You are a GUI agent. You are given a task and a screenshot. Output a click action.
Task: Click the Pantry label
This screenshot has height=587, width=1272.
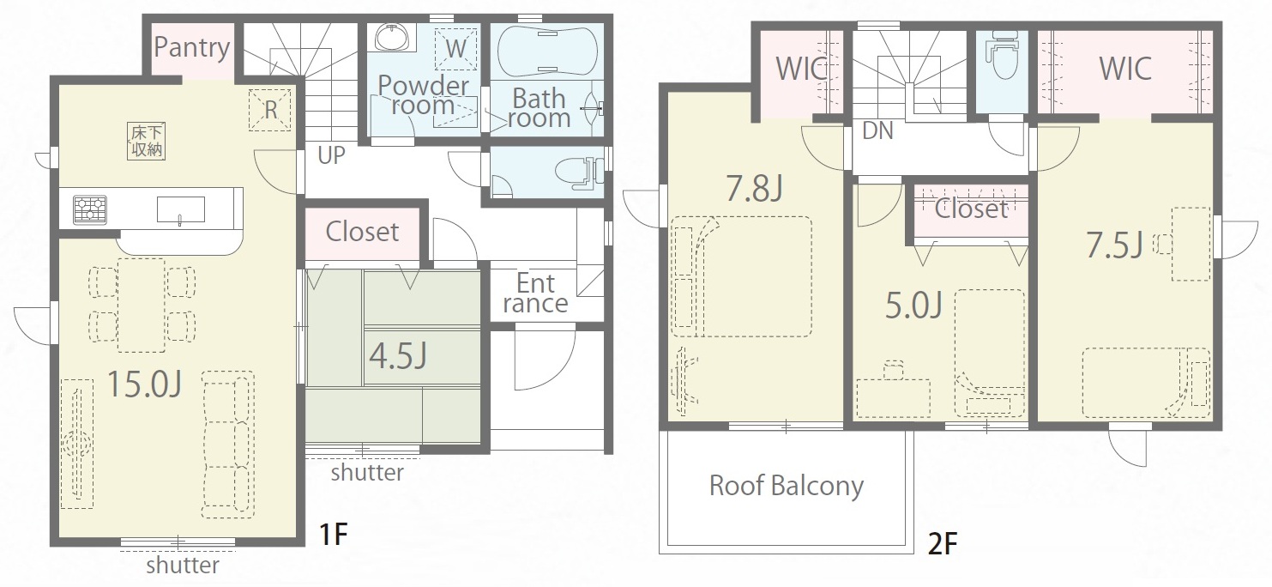192,48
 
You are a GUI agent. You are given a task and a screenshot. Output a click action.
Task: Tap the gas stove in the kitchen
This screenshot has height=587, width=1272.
90,209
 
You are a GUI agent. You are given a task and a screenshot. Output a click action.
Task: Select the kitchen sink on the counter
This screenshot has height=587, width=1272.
181,210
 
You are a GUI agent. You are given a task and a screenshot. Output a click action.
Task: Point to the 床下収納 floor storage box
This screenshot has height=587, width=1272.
147,141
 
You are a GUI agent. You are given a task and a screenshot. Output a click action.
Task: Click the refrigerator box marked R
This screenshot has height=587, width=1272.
270,110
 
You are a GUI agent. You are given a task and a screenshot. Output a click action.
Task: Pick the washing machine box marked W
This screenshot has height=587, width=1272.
456,49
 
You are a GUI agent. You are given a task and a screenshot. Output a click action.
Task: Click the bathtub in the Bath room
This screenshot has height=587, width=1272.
547,50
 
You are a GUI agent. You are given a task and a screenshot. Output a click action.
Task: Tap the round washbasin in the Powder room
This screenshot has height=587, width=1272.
392,38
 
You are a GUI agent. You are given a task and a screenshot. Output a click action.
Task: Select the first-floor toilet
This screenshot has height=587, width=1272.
579,172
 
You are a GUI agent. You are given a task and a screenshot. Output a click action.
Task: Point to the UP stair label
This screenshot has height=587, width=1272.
331,155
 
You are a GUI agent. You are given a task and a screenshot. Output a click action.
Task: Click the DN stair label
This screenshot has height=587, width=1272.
877,130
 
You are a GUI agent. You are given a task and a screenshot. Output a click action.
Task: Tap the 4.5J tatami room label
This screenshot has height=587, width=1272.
398,356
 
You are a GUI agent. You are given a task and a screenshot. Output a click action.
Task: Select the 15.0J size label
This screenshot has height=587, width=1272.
145,384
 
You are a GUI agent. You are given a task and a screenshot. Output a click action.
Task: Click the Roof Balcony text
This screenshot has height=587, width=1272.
787,487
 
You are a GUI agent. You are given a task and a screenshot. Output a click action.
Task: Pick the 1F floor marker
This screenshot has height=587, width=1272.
334,534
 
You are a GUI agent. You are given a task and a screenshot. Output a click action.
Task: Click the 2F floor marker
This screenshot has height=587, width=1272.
943,544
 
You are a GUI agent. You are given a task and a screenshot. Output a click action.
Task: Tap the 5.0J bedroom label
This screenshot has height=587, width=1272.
914,305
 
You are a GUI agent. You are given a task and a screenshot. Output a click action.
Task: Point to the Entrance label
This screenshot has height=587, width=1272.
535,293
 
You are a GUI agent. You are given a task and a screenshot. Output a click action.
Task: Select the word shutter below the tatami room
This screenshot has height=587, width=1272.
367,472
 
